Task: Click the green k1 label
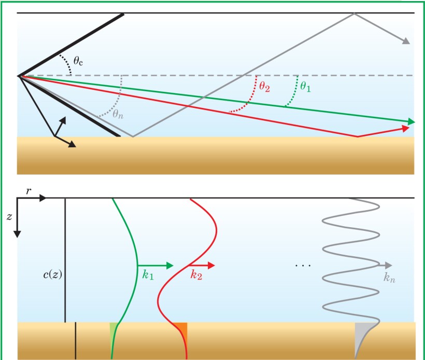click(148, 275)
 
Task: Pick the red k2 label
click(195, 275)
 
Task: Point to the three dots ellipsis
click(302, 266)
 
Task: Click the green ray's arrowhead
click(412, 121)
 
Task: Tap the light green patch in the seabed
click(114, 327)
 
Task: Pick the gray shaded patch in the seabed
click(361, 332)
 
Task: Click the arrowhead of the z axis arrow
click(17, 233)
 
